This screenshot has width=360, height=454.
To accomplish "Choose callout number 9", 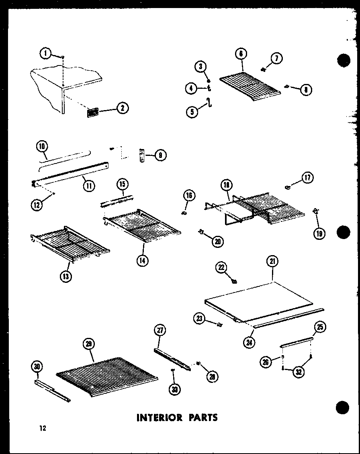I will (x=160, y=155).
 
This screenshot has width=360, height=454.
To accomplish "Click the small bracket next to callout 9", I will (x=141, y=155).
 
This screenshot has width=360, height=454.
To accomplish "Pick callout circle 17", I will (x=308, y=178).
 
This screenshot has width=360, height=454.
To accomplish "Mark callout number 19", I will (x=319, y=233).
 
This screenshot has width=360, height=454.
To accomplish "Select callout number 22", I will (x=221, y=268).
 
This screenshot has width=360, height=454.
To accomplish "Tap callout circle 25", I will (x=320, y=327).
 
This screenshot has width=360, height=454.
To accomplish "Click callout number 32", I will (x=298, y=372).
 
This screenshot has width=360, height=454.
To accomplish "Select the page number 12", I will (x=43, y=428).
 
